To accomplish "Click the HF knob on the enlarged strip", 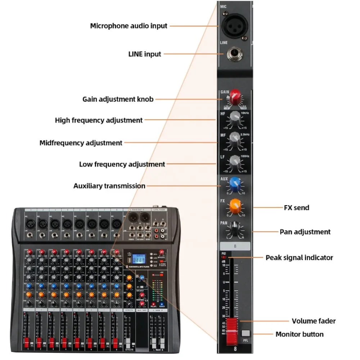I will click(x=235, y=117).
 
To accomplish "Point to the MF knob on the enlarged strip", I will click(x=235, y=139).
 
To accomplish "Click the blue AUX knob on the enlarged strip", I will click(x=235, y=183).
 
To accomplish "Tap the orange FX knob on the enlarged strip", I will click(x=235, y=205).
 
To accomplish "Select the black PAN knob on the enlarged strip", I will click(x=235, y=228).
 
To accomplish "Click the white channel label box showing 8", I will click(x=235, y=247).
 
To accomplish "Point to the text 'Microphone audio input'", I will click(x=129, y=26).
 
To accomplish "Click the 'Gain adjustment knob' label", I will click(x=118, y=99).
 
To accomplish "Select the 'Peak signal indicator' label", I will click(x=299, y=257).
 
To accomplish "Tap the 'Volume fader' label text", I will click(x=314, y=321).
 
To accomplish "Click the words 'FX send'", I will click(x=296, y=208).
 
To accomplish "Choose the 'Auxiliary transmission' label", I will click(x=109, y=186).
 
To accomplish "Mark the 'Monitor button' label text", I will click(x=300, y=334).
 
